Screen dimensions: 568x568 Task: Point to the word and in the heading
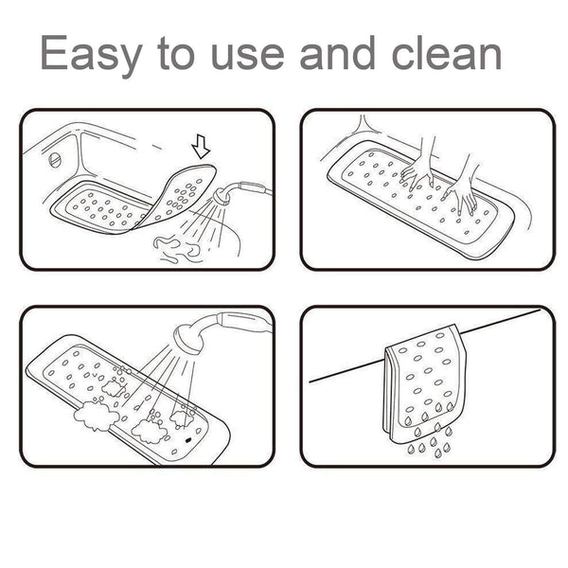point(336,55)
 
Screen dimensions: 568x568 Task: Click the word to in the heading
point(177,55)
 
